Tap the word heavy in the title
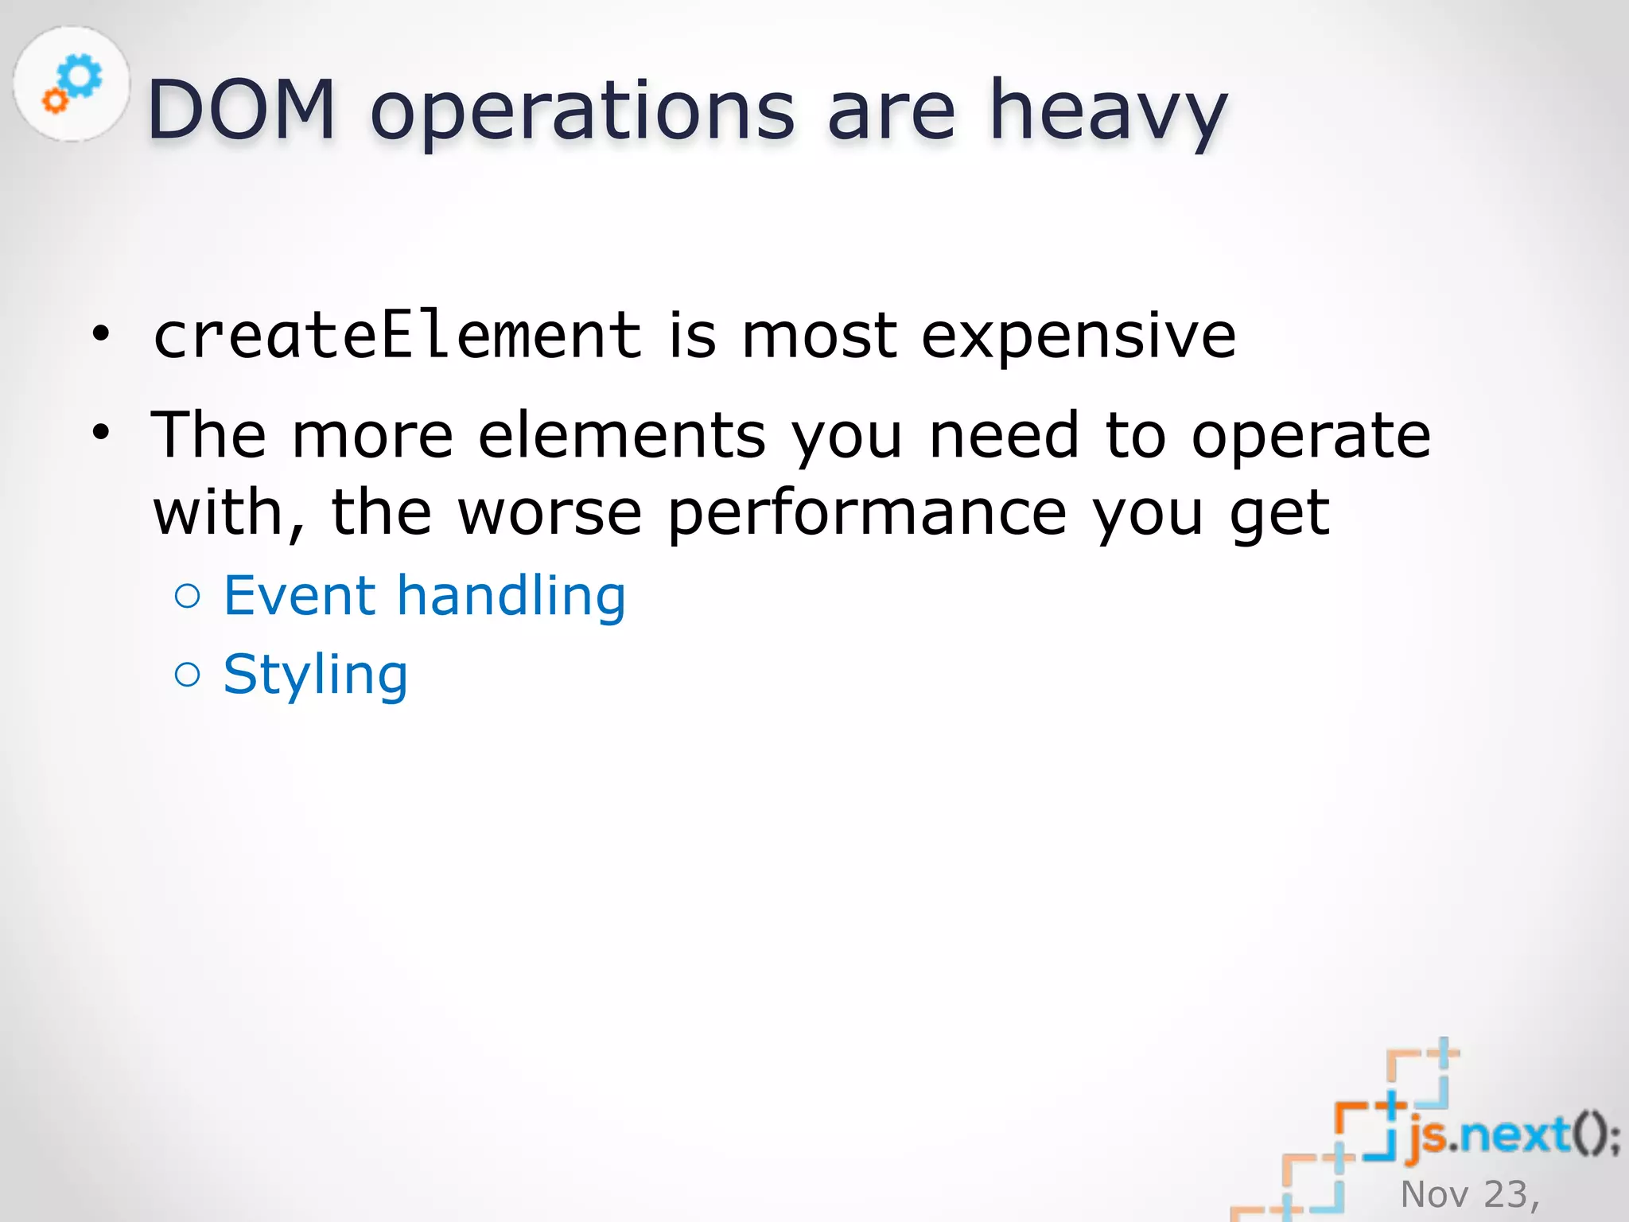(1107, 111)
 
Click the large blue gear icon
(81, 76)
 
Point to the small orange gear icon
(55, 100)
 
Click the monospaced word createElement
(397, 334)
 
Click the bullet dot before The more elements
(100, 434)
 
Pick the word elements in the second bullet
(621, 435)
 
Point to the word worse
(550, 513)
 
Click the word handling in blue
(511, 596)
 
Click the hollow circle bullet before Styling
(188, 675)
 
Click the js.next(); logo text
(1511, 1135)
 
